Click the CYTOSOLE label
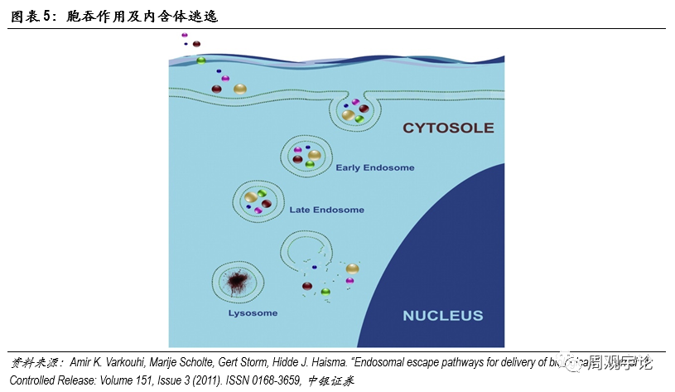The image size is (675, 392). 448,128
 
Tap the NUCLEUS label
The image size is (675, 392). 442,315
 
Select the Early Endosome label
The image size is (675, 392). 375,167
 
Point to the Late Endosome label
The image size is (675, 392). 326,210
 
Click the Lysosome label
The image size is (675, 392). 253,313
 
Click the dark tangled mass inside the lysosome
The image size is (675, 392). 241,280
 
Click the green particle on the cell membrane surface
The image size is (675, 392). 200,60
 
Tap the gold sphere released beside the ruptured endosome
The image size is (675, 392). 353,269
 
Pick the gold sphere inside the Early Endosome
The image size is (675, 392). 315,154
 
